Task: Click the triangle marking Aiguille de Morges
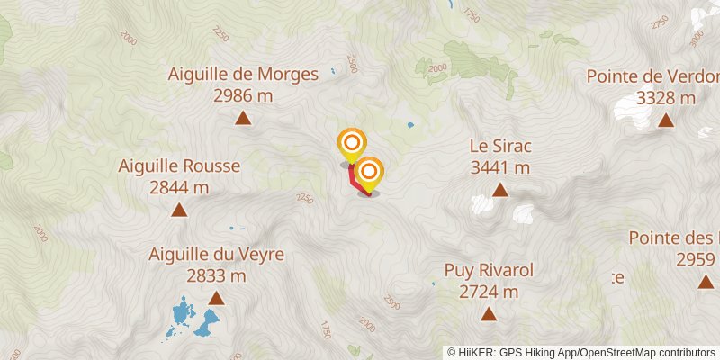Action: tap(243, 118)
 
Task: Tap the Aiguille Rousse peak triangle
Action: tap(179, 211)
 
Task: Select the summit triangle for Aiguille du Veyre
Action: tap(216, 299)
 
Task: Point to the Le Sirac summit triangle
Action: tap(499, 190)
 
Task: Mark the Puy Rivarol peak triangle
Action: tap(489, 314)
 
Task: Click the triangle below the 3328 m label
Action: tap(666, 121)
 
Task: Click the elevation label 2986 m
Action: tap(243, 95)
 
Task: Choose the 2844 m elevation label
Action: tap(179, 187)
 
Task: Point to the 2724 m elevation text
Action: tap(489, 292)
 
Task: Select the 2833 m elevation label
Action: tap(216, 276)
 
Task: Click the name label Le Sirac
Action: tap(499, 145)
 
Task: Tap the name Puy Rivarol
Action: tap(489, 270)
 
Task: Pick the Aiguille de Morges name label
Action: tap(243, 74)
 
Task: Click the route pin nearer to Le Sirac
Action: tap(368, 172)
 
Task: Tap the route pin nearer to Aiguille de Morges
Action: tap(351, 143)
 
